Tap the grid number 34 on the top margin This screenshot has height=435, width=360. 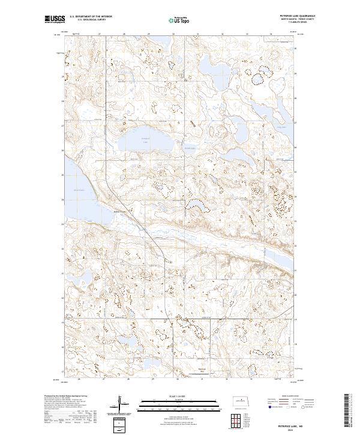271,35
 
